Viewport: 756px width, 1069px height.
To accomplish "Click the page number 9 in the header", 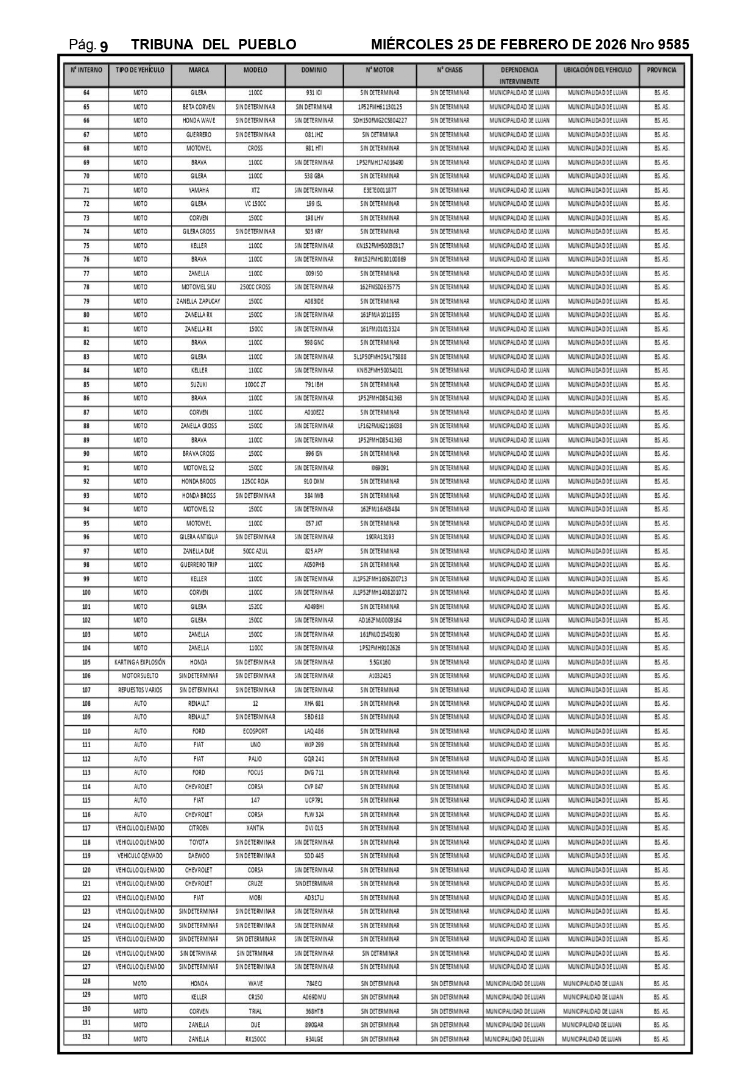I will point(104,46).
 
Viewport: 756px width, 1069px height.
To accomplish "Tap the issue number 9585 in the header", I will point(673,44).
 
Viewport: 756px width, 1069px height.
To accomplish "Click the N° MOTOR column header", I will point(380,70).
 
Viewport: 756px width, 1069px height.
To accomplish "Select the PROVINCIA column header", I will point(662,70).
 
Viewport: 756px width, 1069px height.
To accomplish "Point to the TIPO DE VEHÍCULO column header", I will point(140,70).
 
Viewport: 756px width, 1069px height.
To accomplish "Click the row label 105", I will point(87,662).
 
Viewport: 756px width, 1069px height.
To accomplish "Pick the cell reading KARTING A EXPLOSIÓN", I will point(140,662).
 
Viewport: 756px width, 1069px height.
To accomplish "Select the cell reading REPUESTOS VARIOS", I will point(140,690).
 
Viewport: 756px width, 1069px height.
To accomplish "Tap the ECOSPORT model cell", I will point(255,731).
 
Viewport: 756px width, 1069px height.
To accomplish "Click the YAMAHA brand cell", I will point(199,190).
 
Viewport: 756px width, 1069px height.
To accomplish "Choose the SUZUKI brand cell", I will point(199,385).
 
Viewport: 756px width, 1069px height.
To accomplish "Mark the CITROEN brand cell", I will point(199,828).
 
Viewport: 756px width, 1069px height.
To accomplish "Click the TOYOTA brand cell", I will point(199,842).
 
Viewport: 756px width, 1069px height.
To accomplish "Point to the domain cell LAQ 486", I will point(314,731).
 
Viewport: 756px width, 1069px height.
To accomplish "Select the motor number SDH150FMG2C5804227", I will point(380,121).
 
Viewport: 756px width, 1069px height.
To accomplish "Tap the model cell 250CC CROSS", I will point(255,287).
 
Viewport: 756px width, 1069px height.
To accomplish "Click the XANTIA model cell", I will point(255,828).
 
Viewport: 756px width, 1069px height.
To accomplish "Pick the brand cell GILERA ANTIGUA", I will point(199,537).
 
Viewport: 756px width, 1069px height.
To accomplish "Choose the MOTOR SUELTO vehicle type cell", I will point(140,676).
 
